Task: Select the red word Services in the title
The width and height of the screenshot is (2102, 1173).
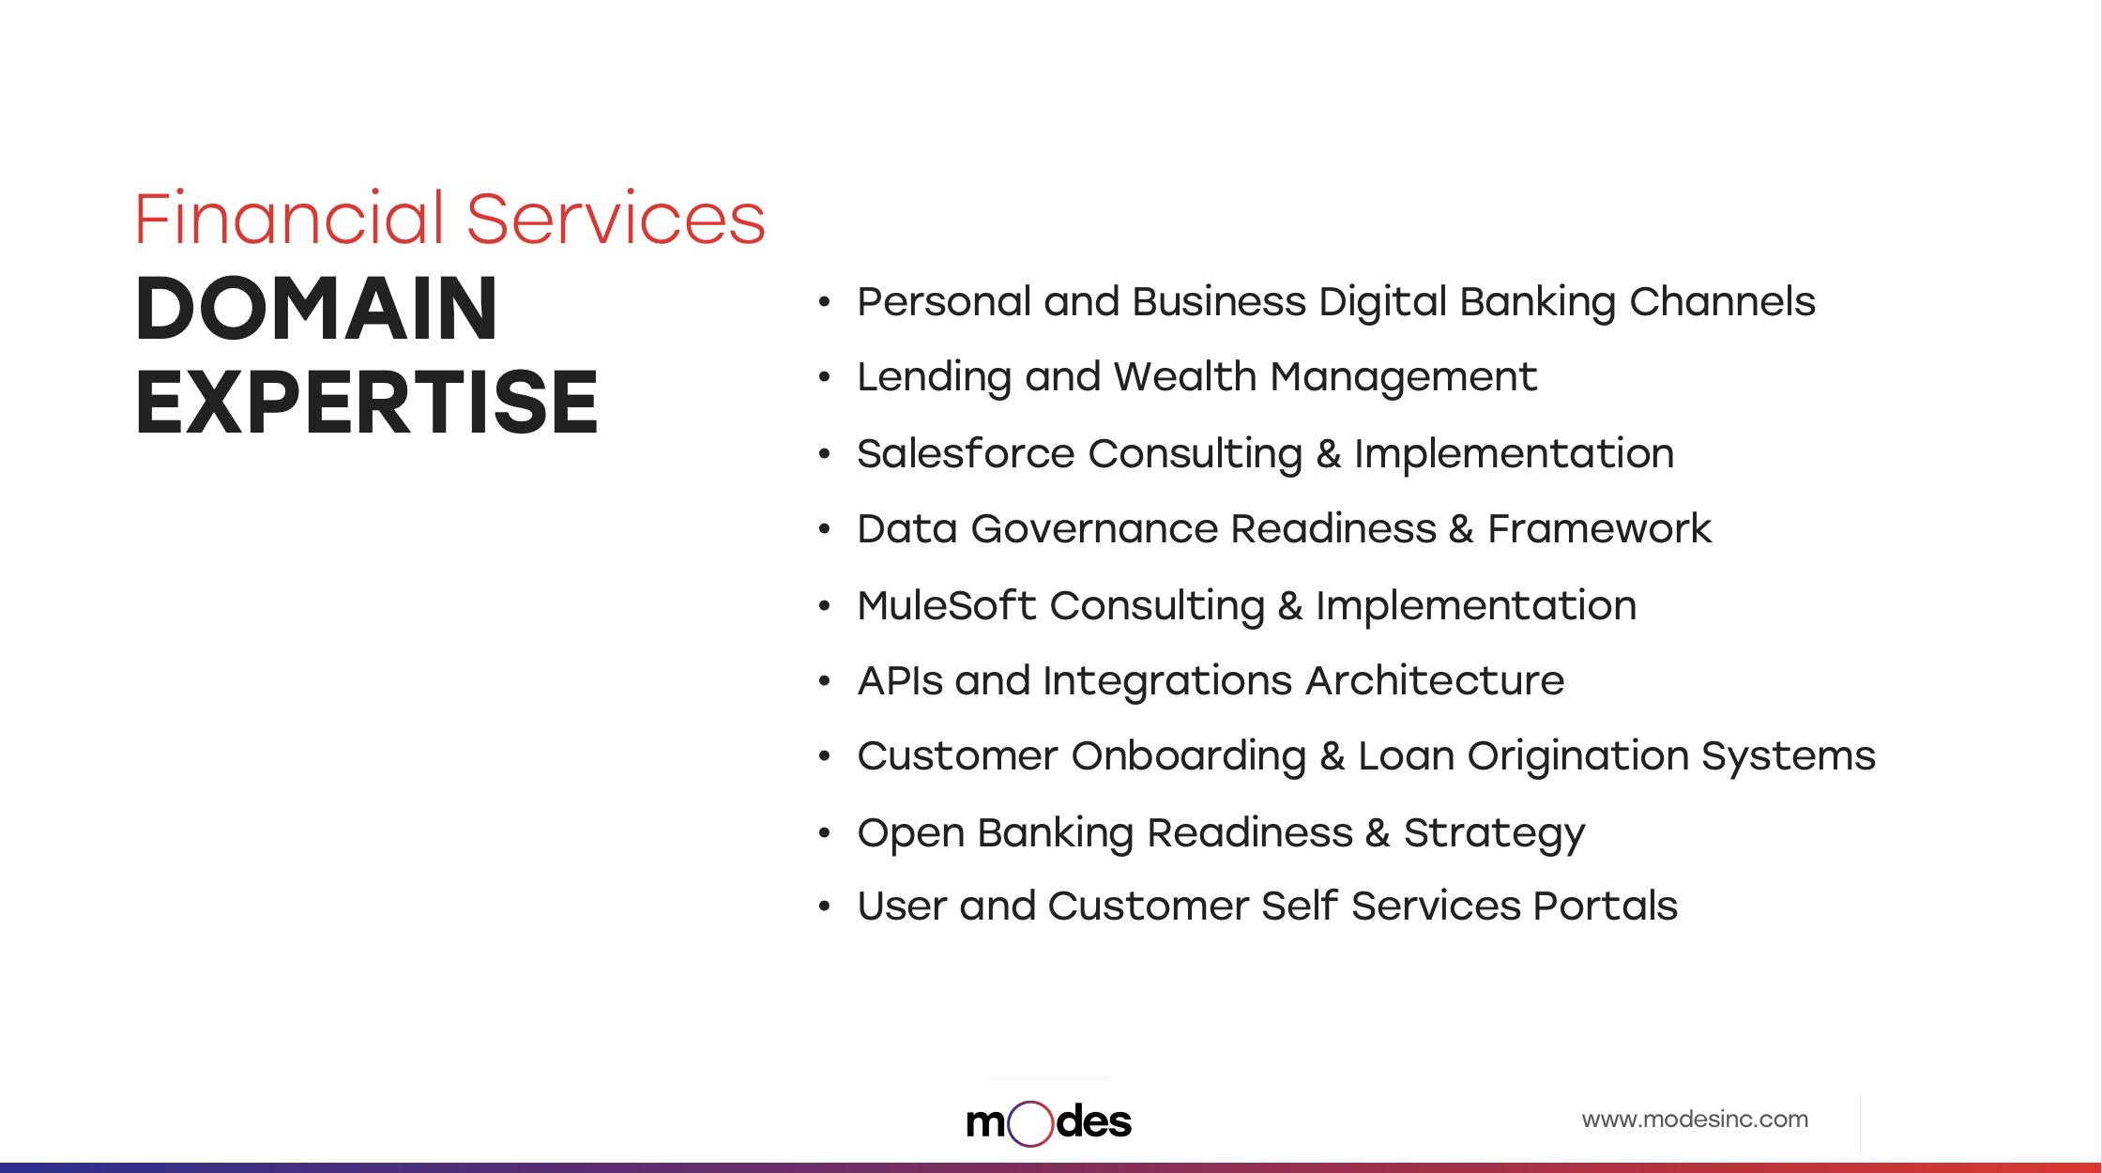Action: (616, 219)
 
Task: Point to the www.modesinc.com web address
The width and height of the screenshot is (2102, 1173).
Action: (1695, 1119)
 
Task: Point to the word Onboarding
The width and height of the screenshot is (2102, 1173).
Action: (1189, 757)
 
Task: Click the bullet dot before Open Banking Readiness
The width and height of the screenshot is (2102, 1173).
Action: (824, 832)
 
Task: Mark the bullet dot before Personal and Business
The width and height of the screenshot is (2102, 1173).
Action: (824, 302)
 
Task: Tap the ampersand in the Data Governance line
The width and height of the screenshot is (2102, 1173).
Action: (1461, 529)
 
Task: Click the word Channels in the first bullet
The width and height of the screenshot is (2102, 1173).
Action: (1722, 302)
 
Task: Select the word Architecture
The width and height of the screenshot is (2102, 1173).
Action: (1435, 680)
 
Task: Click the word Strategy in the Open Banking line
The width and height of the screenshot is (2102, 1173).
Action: (1494, 834)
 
